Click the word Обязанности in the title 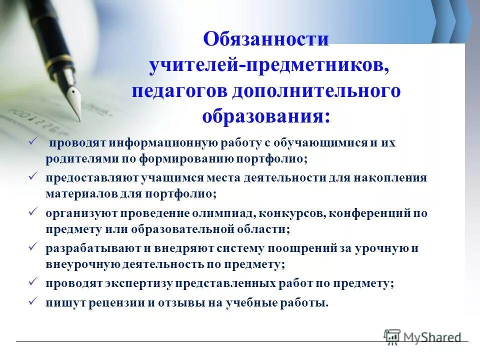266,38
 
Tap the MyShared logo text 432,337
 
